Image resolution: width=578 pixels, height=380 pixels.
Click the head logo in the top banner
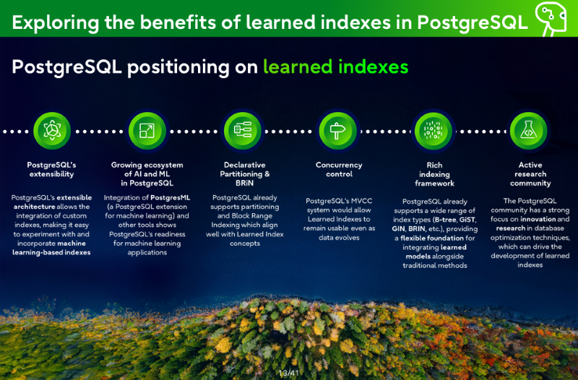tap(551, 18)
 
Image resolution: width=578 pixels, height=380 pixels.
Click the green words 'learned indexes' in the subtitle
tap(335, 66)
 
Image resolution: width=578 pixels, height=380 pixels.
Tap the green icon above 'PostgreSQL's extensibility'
tap(52, 131)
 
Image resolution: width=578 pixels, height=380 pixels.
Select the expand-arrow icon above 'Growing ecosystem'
tap(147, 131)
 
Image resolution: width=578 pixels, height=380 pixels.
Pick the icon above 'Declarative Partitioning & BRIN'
tap(243, 131)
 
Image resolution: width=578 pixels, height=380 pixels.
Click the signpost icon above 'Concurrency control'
tap(337, 131)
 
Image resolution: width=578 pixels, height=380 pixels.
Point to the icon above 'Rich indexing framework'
tap(433, 131)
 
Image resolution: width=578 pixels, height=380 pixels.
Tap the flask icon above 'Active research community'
tap(528, 131)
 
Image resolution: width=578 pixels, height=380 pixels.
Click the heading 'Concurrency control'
tap(339, 170)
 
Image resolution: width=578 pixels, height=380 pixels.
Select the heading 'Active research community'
tap(530, 174)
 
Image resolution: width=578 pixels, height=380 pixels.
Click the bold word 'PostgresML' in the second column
tap(171, 197)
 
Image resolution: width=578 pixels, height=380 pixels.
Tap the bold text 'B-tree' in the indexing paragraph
tap(445, 220)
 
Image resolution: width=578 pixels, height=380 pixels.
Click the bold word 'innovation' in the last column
tap(538, 219)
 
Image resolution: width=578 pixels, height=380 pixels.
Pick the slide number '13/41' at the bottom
tap(288, 373)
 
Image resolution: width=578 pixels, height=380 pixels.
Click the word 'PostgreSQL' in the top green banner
tap(473, 22)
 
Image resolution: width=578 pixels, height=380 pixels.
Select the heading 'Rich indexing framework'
tap(435, 174)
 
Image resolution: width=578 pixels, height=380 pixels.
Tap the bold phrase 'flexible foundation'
tap(432, 238)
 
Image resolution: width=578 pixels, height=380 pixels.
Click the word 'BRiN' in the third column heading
tap(245, 183)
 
